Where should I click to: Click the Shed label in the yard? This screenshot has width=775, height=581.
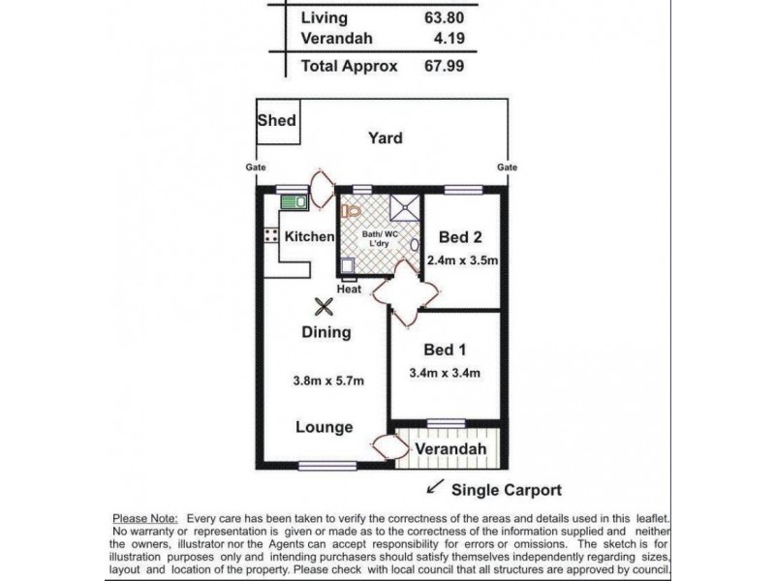coord(276,121)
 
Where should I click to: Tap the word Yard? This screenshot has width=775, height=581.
coord(385,138)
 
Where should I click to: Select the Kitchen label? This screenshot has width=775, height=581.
coord(309,236)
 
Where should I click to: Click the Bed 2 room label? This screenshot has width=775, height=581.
coord(460,237)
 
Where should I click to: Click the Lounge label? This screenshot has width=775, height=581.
coord(324,427)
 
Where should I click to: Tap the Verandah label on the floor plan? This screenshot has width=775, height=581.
coord(450,450)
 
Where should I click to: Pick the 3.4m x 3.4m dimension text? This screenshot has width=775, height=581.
coord(446,373)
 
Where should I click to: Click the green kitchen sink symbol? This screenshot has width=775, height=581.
coord(294,202)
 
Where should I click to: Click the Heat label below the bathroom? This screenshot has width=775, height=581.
coord(350,290)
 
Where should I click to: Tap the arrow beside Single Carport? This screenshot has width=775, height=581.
coord(437,487)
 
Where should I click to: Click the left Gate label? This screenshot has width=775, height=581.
coord(254,167)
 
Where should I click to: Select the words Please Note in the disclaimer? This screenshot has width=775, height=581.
coord(144,519)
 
